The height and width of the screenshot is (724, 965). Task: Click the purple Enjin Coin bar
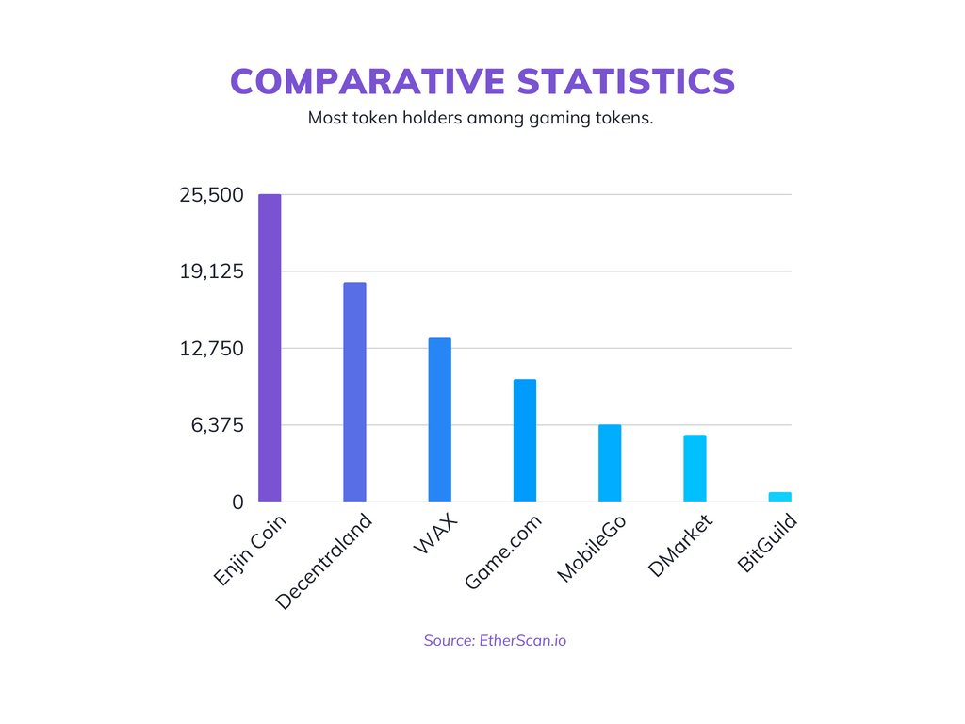[270, 348]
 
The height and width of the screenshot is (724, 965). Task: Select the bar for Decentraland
[354, 392]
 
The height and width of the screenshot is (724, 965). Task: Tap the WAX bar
[439, 420]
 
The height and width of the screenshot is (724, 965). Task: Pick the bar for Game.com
[524, 440]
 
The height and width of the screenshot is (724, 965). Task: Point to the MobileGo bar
[610, 463]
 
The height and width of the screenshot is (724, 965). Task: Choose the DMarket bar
[695, 468]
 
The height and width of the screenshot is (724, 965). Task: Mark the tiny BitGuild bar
[779, 497]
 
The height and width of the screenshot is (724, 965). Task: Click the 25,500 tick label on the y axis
[211, 195]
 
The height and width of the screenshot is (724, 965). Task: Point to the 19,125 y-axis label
[211, 271]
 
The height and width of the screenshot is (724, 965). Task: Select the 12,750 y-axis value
[211, 349]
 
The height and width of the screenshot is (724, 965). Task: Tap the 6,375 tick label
[217, 425]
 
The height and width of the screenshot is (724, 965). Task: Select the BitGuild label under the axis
[767, 543]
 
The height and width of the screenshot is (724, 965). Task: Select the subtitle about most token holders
[481, 120]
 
